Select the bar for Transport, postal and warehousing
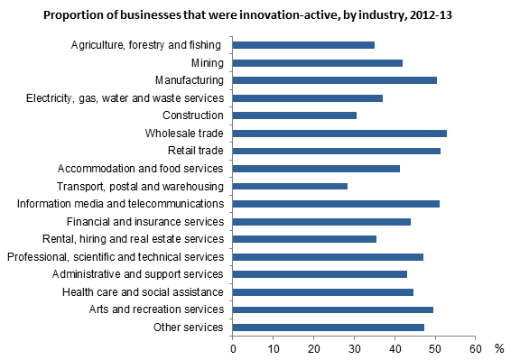pos(290,186)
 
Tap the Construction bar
pos(294,115)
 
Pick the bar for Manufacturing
pos(335,80)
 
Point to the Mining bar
pos(318,62)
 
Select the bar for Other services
pos(329,328)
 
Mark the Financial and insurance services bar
pos(321,221)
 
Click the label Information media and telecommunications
pos(120,204)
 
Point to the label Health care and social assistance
pos(143,292)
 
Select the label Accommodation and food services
pos(140,169)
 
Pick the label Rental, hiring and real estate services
pos(133,239)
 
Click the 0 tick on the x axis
pos(233,347)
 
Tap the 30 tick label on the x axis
pos(354,347)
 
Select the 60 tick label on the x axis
pos(474,347)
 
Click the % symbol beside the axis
pos(499,347)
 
